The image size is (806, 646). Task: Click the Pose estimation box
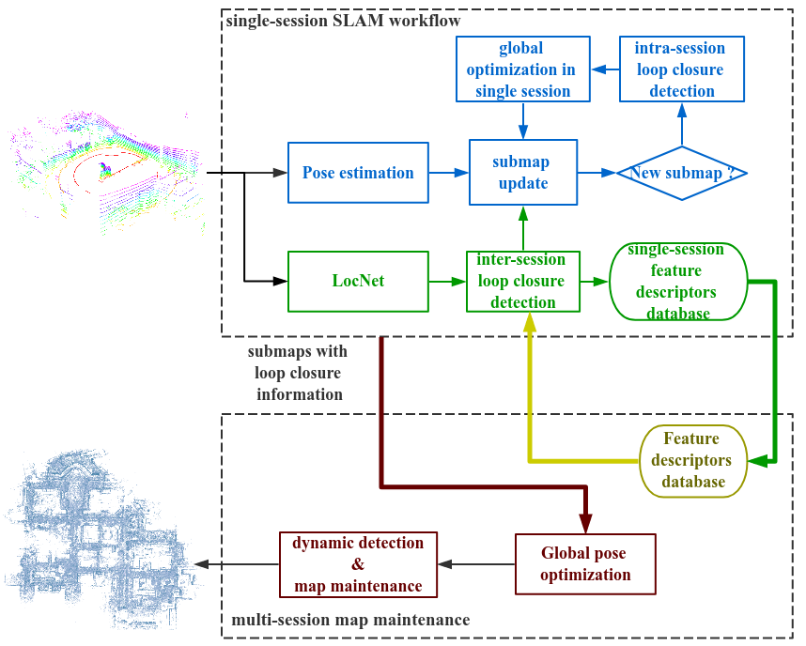pos(358,173)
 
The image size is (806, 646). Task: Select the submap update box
pos(522,172)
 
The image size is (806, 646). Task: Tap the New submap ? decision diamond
pos(682,173)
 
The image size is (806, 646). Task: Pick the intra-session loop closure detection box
pos(682,69)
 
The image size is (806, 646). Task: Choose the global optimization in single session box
pos(522,69)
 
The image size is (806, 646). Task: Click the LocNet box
pos(358,281)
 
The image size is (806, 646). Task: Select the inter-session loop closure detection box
pos(522,281)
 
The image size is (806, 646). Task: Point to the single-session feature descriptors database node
pos(678,282)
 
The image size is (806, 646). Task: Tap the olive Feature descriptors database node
pos(692,461)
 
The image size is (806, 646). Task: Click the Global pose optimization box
pos(585,564)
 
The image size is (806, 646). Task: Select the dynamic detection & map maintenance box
pos(358,564)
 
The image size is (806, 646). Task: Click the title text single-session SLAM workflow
pos(343,21)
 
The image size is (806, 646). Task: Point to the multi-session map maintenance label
pos(350,620)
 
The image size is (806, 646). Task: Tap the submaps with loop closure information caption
pos(298,373)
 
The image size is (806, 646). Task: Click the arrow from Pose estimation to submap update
pos(449,173)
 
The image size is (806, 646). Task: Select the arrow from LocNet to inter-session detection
pos(447,281)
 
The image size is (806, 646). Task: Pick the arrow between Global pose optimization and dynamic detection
pos(476,564)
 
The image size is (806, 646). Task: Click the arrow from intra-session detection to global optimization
pos(606,69)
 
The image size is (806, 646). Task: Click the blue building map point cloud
pos(101,540)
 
